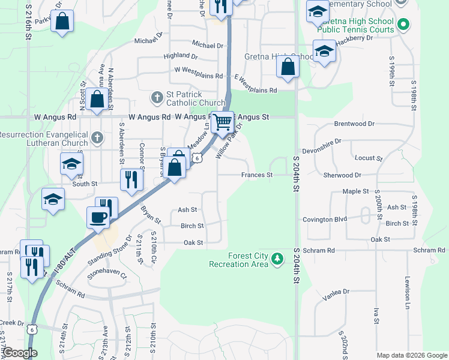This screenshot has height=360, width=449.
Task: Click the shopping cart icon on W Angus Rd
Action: pyautogui.click(x=222, y=122)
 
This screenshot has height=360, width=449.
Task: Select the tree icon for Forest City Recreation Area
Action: pyautogui.click(x=277, y=259)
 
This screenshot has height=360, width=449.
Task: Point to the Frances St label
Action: pyautogui.click(x=257, y=175)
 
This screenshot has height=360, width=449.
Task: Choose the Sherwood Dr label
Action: pyautogui.click(x=342, y=175)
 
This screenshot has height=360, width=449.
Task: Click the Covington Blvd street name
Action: pyautogui.click(x=325, y=220)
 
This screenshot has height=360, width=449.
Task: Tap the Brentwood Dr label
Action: pyautogui.click(x=354, y=124)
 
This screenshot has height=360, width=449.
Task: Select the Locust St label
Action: pyautogui.click(x=369, y=158)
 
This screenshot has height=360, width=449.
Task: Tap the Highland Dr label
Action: pyautogui.click(x=181, y=56)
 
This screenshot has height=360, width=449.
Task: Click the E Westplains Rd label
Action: pyautogui.click(x=256, y=85)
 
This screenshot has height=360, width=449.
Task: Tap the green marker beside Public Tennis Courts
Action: pyautogui.click(x=403, y=25)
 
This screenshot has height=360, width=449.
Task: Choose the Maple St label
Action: pyautogui.click(x=355, y=191)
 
